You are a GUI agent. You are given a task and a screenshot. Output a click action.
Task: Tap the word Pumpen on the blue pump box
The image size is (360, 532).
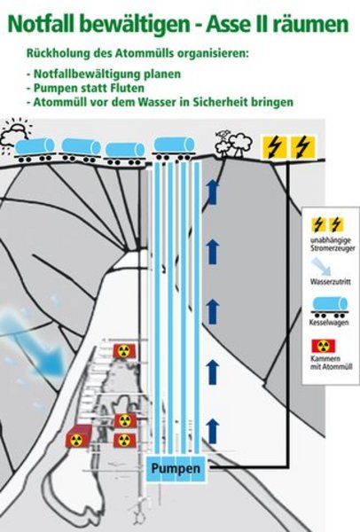[x=176, y=468]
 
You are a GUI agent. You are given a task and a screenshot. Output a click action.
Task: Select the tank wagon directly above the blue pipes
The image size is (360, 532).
[x=175, y=148]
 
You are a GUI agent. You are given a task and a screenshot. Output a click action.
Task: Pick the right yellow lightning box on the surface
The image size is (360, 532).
[x=303, y=147]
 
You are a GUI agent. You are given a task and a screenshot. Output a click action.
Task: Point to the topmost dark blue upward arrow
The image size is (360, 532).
[x=213, y=192]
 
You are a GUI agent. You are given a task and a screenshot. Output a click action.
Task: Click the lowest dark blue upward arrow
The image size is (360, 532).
[x=213, y=431]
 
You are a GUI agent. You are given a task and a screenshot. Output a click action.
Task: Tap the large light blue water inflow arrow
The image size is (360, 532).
[x=34, y=340]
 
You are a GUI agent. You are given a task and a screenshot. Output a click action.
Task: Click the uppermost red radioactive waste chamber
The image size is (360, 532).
[x=124, y=351]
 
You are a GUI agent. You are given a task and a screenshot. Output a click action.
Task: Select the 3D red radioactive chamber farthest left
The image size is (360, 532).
[x=79, y=436]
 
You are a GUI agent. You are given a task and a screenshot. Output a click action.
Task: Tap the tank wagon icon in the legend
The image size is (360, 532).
[x=330, y=307]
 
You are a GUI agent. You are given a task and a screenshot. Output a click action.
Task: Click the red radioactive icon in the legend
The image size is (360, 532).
[x=324, y=346]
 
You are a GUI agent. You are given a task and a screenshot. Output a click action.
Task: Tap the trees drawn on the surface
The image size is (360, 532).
[x=234, y=145]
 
